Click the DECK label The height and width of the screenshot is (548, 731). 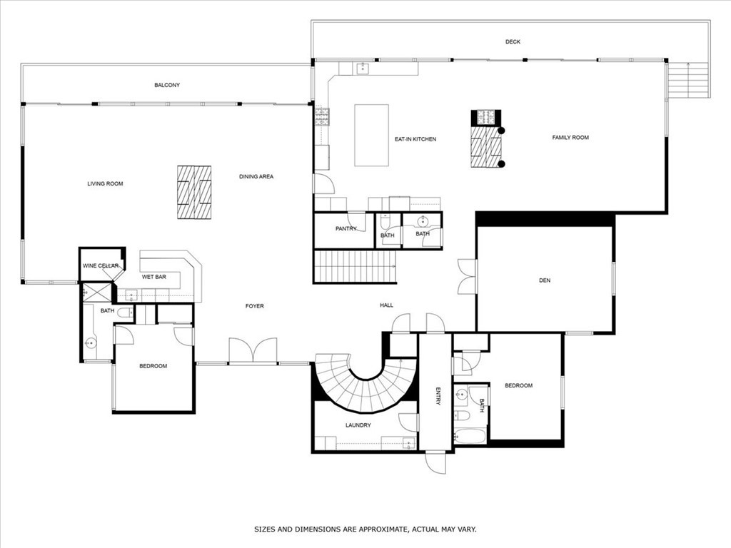(513, 42)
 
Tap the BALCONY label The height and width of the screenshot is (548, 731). (167, 85)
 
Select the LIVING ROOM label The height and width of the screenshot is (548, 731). (105, 184)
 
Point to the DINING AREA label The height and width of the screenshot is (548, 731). (256, 177)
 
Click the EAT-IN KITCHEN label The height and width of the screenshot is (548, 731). (415, 139)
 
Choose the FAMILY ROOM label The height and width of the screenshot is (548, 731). (570, 137)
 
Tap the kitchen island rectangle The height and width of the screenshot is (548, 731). (371, 135)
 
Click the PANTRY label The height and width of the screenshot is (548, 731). (346, 228)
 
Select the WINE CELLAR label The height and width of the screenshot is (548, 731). (101, 266)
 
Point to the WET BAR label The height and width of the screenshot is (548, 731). (154, 276)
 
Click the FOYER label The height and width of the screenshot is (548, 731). (255, 306)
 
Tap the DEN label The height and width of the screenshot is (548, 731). (545, 280)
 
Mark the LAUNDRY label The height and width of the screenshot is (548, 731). (358, 425)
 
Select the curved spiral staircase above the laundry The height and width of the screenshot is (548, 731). (364, 389)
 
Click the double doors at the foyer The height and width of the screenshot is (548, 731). (253, 351)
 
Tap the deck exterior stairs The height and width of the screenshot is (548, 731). (688, 80)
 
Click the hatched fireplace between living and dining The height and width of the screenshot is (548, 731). (194, 192)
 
